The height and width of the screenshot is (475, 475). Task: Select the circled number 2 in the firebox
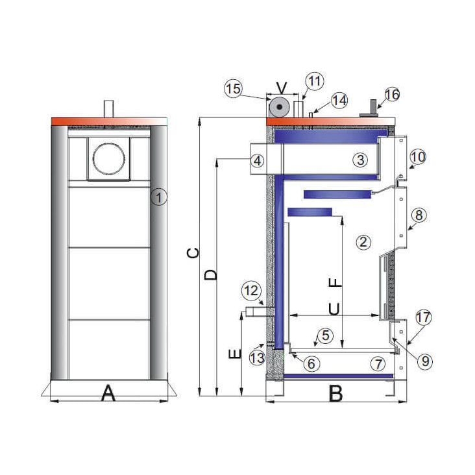coord(363,242)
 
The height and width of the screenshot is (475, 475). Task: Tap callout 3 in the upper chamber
coord(361,159)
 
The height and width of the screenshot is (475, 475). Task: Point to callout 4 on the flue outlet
coord(258,160)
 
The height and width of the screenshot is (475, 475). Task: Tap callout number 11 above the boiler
coord(315,82)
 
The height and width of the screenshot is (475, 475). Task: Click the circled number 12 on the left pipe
coord(251,290)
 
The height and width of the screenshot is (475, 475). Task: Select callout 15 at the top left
coord(234,88)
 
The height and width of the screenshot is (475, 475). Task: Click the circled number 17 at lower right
coord(423,318)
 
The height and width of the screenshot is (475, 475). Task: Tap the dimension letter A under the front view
coord(108,393)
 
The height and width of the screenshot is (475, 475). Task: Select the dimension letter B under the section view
coord(335,393)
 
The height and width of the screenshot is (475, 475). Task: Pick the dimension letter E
coord(236,354)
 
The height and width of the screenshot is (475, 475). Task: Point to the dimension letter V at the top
coord(280,87)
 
